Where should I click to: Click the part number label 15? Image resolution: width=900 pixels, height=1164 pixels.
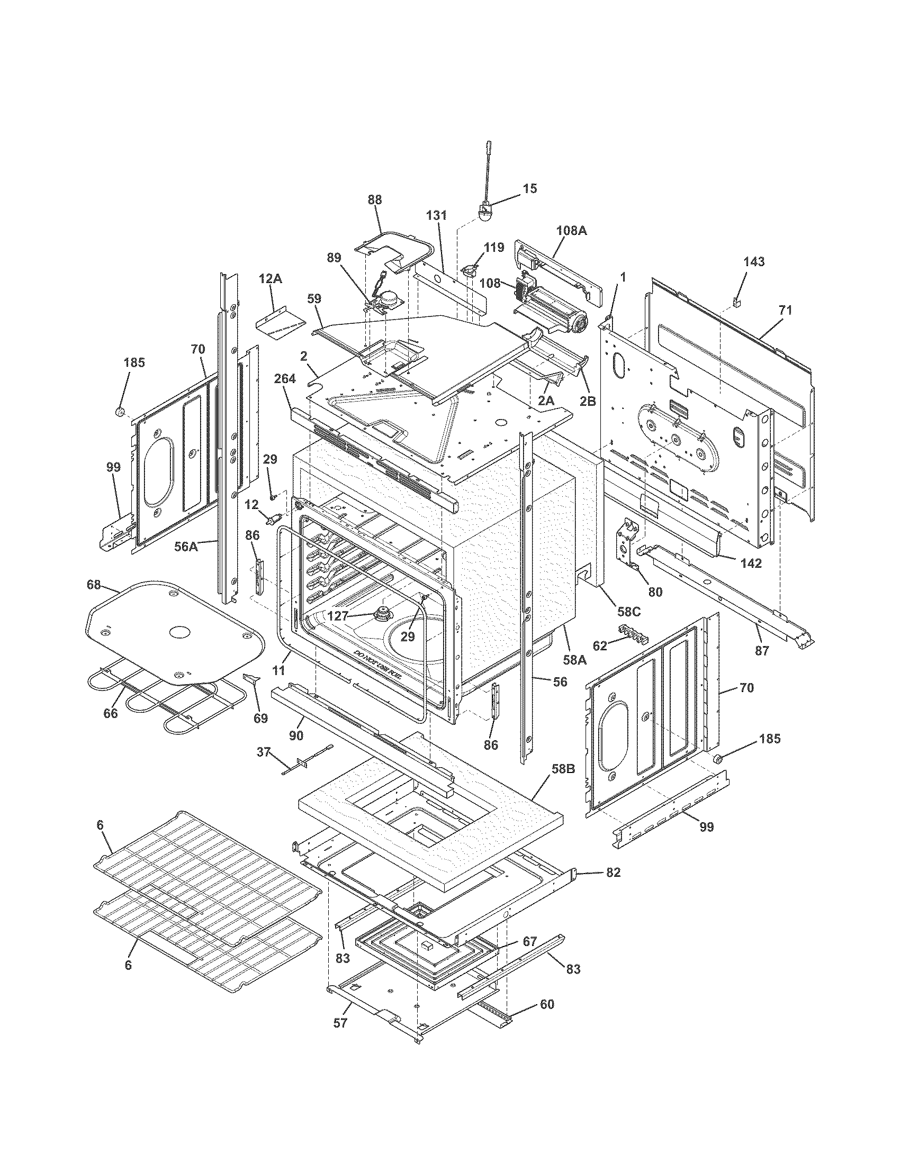pyautogui.click(x=529, y=189)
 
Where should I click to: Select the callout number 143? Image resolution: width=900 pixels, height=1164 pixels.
pyautogui.click(x=754, y=262)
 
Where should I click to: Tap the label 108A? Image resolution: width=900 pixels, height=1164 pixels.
pyautogui.click(x=571, y=231)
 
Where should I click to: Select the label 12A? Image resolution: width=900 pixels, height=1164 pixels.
pyautogui.click(x=271, y=279)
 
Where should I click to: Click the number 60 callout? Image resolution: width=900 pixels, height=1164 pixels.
pyautogui.click(x=547, y=1005)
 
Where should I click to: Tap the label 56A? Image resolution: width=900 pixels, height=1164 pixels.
pyautogui.click(x=186, y=547)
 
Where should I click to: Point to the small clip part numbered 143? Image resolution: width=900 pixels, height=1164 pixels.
pyautogui.click(x=737, y=303)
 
